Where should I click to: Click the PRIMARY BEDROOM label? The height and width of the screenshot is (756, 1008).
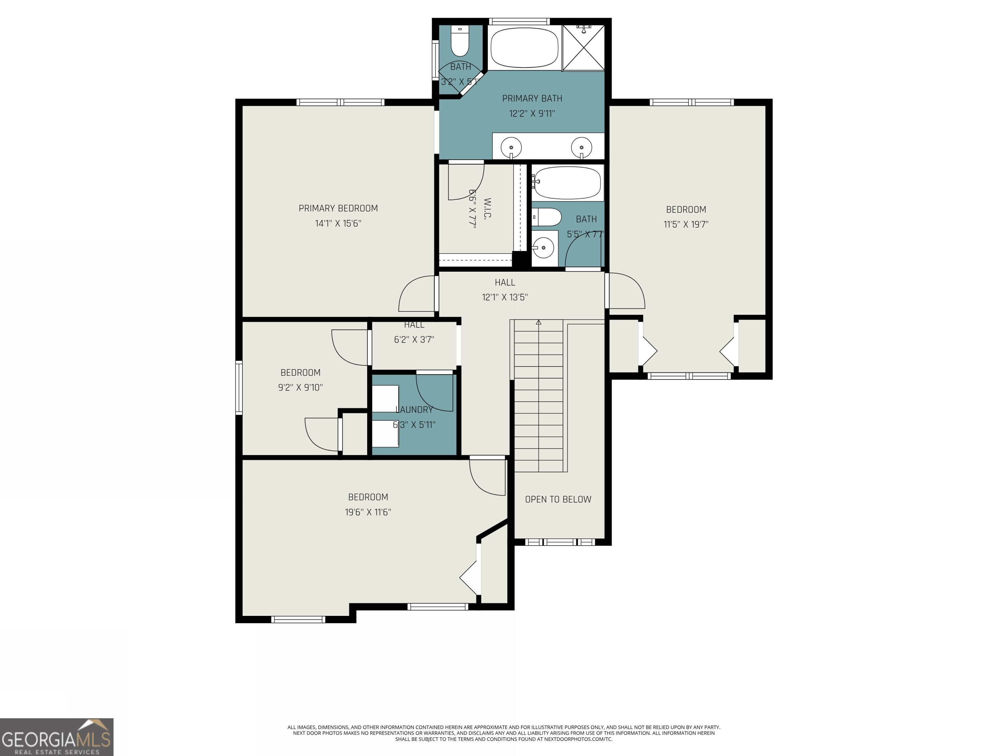[338, 208]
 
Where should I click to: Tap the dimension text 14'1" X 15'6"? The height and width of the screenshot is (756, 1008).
[338, 223]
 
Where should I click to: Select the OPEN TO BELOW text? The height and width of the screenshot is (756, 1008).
[558, 499]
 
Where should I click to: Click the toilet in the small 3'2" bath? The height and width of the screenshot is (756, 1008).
[460, 41]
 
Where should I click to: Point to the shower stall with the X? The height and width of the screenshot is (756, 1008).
[583, 48]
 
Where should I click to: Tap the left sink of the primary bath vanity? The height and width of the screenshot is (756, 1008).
[511, 147]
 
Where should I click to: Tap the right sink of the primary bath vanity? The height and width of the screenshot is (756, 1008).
[581, 147]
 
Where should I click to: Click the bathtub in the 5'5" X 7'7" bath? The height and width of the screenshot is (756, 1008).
[567, 183]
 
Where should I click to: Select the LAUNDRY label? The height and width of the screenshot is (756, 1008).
[414, 410]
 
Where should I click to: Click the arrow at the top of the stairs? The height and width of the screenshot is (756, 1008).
[539, 323]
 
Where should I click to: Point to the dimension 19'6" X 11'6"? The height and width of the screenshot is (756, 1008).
[368, 512]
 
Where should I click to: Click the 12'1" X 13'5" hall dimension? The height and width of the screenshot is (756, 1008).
[505, 297]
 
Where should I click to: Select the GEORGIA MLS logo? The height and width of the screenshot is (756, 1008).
[56, 737]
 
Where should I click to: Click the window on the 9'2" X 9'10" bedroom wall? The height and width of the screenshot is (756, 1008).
[239, 387]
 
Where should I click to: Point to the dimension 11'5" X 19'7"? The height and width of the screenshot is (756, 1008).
[686, 224]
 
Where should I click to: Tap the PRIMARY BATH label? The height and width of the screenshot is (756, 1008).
[532, 98]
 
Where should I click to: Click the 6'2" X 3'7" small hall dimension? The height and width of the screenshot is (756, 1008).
[414, 340]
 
